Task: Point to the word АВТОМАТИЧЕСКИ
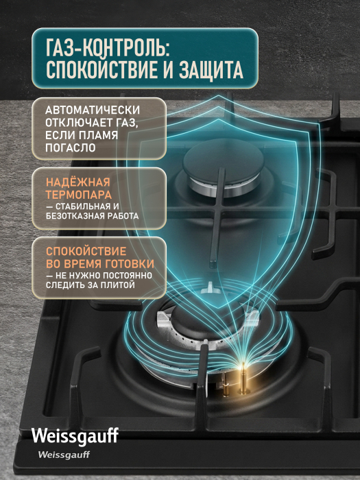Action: click(93, 110)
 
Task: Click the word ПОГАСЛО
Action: click(71, 148)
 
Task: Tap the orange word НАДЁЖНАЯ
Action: click(77, 182)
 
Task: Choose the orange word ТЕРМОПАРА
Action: click(79, 195)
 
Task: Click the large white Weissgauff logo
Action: click(75, 435)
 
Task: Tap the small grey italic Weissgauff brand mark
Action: click(64, 455)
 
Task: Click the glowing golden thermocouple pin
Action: click(243, 379)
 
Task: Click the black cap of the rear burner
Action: click(223, 161)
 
